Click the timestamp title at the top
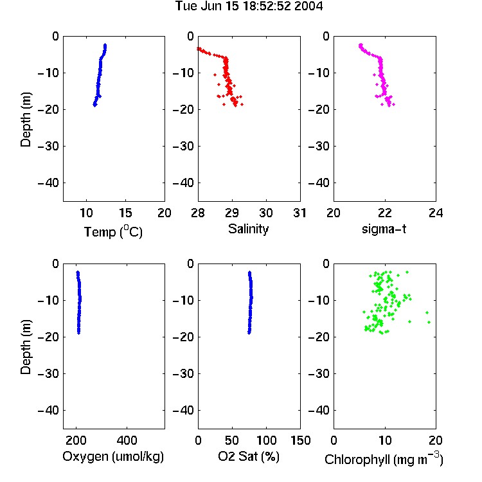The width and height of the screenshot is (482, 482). pyautogui.click(x=249, y=6)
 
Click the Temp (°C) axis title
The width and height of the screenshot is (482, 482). pyautogui.click(x=113, y=231)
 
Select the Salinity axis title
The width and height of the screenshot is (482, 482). pyautogui.click(x=248, y=229)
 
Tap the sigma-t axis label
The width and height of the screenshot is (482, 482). pyautogui.click(x=384, y=229)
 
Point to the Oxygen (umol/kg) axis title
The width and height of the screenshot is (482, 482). pyautogui.click(x=113, y=456)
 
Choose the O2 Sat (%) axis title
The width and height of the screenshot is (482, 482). pyautogui.click(x=249, y=456)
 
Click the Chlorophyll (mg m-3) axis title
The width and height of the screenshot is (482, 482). pyautogui.click(x=384, y=459)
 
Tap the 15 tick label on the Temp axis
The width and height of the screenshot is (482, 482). pyautogui.click(x=125, y=213)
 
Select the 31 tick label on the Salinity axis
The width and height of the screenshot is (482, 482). pyautogui.click(x=299, y=213)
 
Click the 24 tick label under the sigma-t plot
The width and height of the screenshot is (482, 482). pyautogui.click(x=436, y=213)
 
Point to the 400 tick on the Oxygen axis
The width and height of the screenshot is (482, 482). pyautogui.click(x=127, y=440)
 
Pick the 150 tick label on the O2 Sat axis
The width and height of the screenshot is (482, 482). pyautogui.click(x=301, y=440)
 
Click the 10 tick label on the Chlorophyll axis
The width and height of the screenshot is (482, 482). pyautogui.click(x=385, y=440)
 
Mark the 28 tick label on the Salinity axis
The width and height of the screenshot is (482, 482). pyautogui.click(x=198, y=213)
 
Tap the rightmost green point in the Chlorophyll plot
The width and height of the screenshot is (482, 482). pyautogui.click(x=429, y=322)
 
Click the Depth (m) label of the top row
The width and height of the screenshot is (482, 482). pyautogui.click(x=26, y=120)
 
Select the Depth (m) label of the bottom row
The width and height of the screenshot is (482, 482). pyautogui.click(x=26, y=347)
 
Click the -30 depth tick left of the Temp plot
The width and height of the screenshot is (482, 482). pyautogui.click(x=48, y=146)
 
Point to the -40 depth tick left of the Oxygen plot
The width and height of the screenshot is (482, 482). pyautogui.click(x=48, y=410)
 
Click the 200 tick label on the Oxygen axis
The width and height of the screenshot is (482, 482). pyautogui.click(x=76, y=440)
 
